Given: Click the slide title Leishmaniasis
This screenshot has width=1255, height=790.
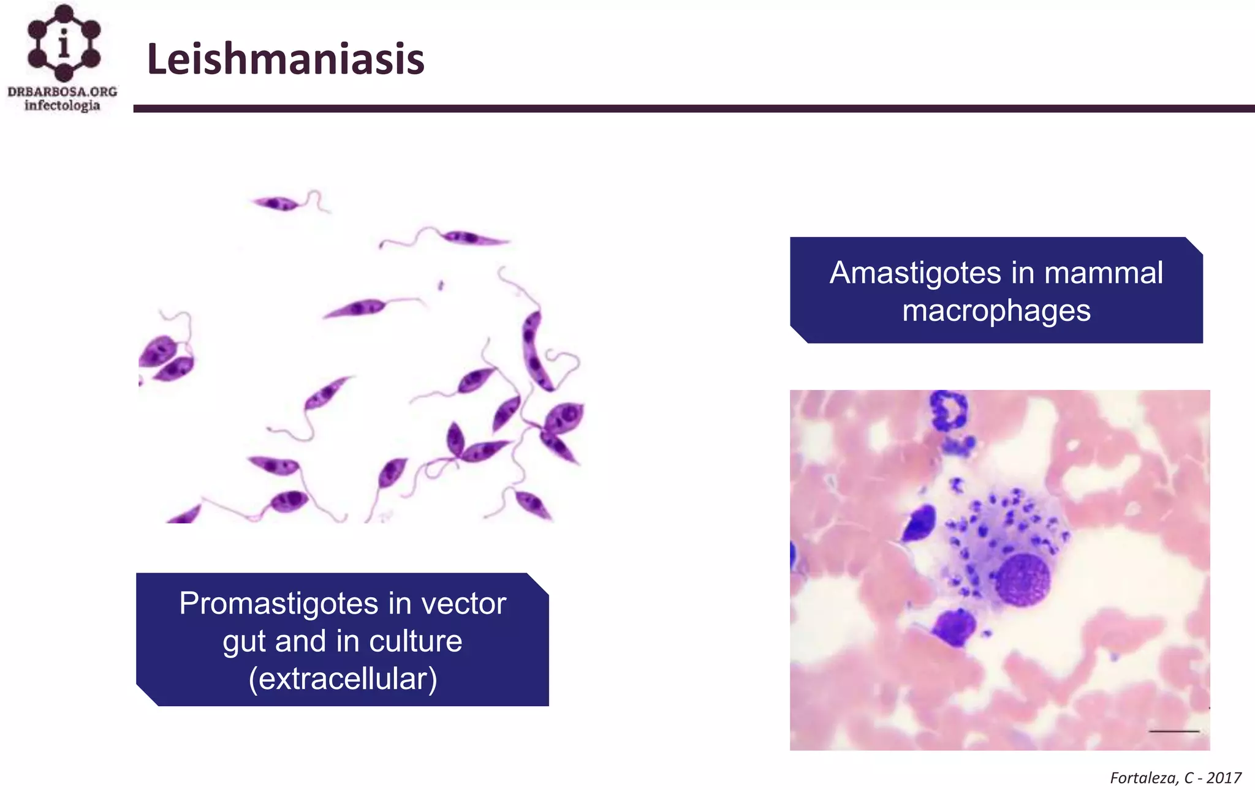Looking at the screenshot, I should coord(286,59).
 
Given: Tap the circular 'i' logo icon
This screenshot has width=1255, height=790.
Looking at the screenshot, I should coord(64,43).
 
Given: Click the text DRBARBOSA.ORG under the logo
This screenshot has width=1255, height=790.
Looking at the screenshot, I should coord(63,92).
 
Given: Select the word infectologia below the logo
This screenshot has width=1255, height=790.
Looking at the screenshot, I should coord(62,105).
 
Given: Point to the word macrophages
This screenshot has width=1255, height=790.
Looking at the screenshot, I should coord(996,310).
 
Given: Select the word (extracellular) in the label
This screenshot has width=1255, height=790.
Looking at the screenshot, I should coord(343,679).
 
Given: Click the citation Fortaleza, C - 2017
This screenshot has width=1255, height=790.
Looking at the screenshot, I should coord(1175,778).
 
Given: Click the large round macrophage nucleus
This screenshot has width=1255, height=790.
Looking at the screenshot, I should coord(1022,579).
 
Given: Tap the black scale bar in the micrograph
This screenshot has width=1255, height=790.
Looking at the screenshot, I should coord(1173,731).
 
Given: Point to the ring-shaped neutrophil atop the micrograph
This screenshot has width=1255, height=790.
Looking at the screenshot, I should coord(948,410).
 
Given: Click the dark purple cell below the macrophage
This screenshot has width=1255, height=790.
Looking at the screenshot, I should coord(954,626).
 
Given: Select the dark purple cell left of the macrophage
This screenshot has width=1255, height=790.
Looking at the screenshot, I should coord(919,522).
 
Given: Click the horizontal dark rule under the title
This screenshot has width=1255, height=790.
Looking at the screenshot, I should coord(692,108).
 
